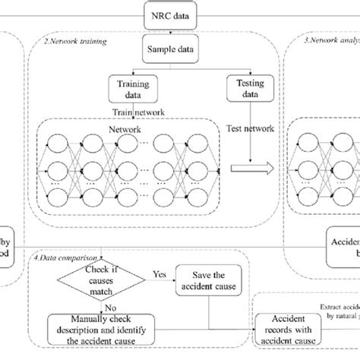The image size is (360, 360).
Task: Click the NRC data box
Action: pos(180,14)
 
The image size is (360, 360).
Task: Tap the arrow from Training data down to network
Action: pos(131,111)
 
